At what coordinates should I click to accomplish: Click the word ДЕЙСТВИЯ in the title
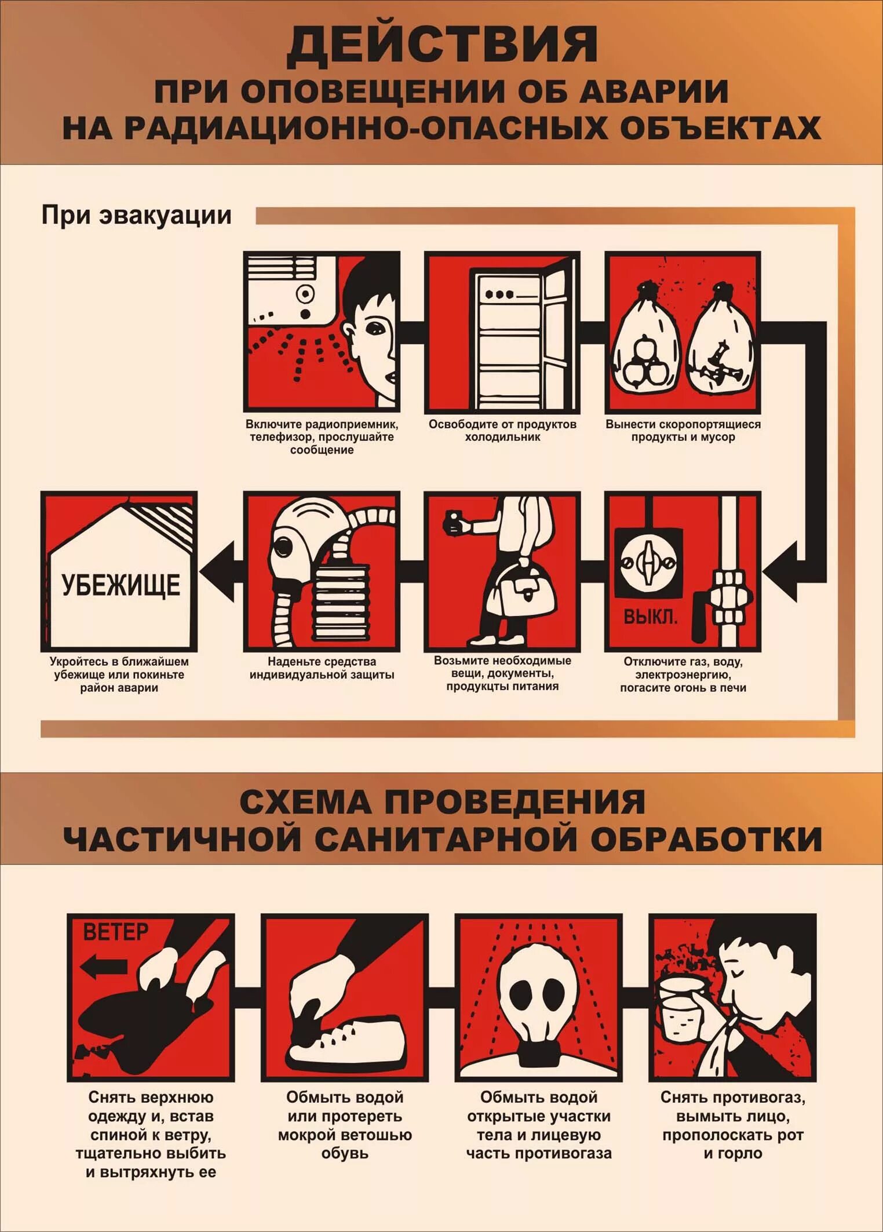coord(442,45)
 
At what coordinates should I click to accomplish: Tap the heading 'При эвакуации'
coord(136,215)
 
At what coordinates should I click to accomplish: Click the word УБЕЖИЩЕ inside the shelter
coord(121,585)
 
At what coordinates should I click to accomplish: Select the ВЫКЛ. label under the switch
coord(650,617)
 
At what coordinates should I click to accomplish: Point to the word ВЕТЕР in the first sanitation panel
coord(116,932)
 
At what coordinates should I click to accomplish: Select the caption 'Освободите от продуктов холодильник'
coord(502,431)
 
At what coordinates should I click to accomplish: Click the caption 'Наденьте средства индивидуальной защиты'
coord(322,668)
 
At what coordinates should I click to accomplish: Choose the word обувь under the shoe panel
coord(345,1153)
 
